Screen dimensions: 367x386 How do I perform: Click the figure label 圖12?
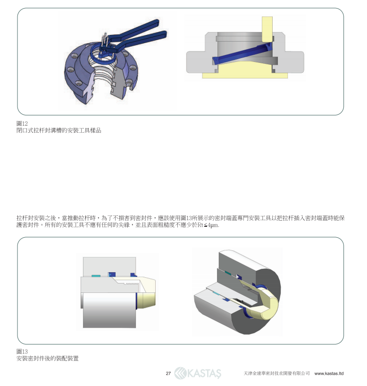[22, 123]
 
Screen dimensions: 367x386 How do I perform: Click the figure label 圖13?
[22, 352]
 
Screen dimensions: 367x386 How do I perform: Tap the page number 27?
[168, 373]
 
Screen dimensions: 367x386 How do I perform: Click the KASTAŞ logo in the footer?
[198, 373]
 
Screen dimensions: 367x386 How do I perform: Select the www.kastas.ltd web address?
[329, 373]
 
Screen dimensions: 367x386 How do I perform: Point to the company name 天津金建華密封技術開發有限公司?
[276, 373]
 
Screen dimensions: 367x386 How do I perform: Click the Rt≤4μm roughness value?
[208, 225]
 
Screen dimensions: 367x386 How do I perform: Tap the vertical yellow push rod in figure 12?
[267, 29]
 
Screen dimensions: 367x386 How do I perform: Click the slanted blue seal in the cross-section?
[242, 54]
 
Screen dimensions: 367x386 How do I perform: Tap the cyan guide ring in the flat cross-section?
[96, 276]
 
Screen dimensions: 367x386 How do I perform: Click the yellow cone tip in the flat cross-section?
[146, 300]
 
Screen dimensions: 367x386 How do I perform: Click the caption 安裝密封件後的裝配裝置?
[48, 359]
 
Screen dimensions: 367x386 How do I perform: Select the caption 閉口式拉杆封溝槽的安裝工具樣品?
[59, 130]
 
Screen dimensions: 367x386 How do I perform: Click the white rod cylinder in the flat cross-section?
[109, 310]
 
